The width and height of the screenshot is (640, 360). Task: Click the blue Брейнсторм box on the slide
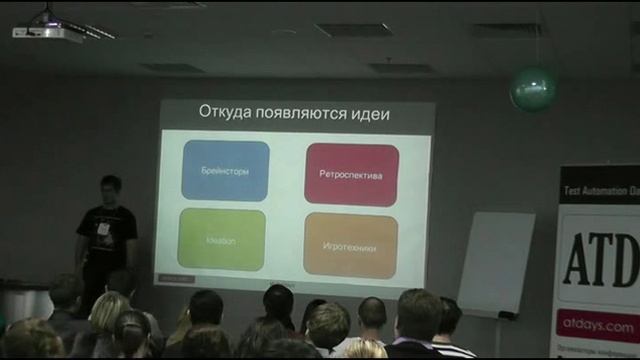(225, 171)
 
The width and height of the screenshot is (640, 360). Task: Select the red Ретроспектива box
(351, 174)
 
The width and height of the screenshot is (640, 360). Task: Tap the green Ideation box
(221, 240)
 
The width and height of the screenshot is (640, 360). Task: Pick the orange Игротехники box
(350, 245)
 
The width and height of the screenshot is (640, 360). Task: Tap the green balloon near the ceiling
(532, 89)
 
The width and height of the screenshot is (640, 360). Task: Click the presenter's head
(110, 188)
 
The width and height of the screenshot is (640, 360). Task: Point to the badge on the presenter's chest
(103, 228)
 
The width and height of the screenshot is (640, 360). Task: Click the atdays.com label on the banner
(598, 325)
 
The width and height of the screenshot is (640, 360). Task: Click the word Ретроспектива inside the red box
(351, 175)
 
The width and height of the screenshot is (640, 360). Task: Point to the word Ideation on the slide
(221, 241)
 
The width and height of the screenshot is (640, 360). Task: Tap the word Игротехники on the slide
(350, 246)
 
